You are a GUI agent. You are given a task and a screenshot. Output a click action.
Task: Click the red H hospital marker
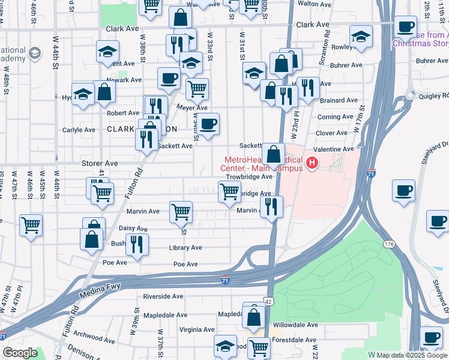coord(312,163)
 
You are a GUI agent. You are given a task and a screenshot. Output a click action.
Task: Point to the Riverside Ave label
coord(163,296)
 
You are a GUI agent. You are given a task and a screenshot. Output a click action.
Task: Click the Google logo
coord(19,353)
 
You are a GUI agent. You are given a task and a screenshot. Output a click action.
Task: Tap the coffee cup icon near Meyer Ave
coord(208,124)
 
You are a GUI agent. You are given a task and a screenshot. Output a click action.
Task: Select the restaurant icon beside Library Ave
coord(137,244)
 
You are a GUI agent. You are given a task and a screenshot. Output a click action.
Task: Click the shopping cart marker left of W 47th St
coord(31,225)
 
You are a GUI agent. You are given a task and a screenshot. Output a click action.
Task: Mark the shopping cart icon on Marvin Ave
coord(181,211)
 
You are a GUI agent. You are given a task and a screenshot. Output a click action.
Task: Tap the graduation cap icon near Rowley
coord(361,37)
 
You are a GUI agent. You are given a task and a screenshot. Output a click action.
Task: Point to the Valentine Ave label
coord(331,149)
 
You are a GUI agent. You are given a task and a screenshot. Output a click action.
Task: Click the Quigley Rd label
coord(432,95)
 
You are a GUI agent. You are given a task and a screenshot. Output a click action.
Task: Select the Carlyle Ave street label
coord(79,130)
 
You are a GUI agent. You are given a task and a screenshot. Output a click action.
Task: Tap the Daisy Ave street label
coord(133,229)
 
